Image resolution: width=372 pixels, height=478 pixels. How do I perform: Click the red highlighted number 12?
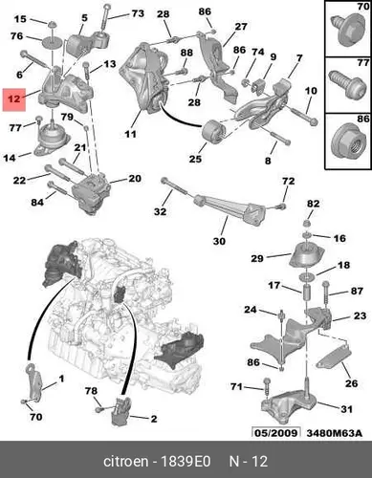(x=14, y=99)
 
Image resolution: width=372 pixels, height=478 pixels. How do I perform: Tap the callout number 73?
(x=138, y=13)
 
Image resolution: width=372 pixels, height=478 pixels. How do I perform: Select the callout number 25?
(x=195, y=158)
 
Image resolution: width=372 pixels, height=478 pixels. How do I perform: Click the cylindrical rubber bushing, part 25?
(x=214, y=132)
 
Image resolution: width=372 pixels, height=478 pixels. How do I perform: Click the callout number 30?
(x=219, y=241)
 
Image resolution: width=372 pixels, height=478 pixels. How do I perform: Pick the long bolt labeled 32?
(x=178, y=189)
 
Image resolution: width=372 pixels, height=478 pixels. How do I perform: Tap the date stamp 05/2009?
(x=276, y=433)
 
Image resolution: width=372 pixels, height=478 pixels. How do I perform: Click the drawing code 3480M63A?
(x=334, y=433)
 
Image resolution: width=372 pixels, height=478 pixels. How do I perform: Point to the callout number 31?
(x=346, y=409)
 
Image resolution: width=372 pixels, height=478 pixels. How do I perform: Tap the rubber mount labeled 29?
(x=306, y=255)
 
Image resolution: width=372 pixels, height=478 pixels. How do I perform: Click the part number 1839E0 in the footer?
(x=186, y=461)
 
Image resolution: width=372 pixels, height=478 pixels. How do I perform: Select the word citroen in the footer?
(x=126, y=461)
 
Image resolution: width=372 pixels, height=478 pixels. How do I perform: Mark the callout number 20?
(x=135, y=178)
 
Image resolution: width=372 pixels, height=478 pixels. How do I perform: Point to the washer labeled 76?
(x=52, y=41)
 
